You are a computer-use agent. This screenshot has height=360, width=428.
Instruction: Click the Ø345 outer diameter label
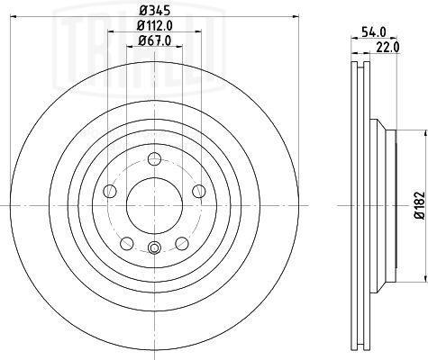tap(155, 11)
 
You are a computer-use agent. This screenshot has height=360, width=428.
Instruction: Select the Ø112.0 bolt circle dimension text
tap(155, 26)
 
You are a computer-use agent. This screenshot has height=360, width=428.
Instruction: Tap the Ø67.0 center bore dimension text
tap(155, 40)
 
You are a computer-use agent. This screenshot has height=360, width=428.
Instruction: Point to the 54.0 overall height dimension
tap(374, 31)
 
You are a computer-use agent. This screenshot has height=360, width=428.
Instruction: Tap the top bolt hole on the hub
tap(154, 158)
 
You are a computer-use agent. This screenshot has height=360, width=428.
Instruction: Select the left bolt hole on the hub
tap(110, 191)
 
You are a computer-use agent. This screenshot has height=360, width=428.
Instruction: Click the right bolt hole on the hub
tap(199, 191)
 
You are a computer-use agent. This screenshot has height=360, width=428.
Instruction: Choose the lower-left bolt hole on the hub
tap(127, 243)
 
